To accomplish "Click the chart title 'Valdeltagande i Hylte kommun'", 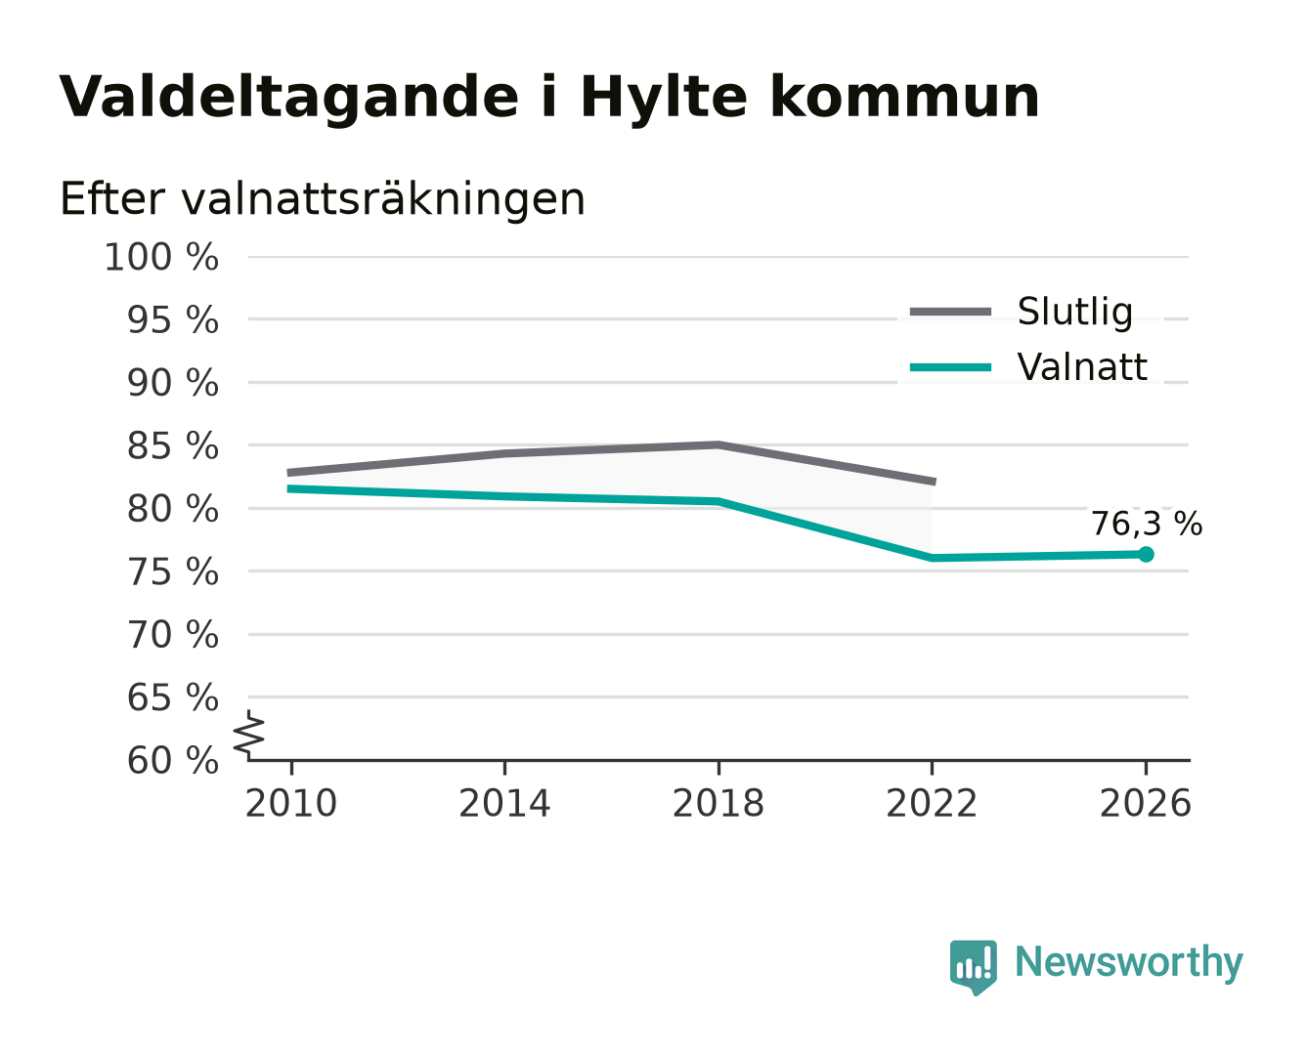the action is pos(548,98).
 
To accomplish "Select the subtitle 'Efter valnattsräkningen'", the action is pos(323,199).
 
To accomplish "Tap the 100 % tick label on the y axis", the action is pos(161,257).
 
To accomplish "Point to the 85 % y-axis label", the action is pos(172,445).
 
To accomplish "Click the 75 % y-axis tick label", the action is pos(172,572).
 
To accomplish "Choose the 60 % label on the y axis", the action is pos(172,760).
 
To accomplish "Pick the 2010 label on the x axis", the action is pos(291,803).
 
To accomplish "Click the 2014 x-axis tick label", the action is pos(504,803).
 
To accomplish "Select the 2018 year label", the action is pos(718,803).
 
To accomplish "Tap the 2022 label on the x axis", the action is pos(932,803).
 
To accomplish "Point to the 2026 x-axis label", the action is pos(1146,803).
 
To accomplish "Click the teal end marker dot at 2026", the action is pos(1146,555).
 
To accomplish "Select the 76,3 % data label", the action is pos(1147,525).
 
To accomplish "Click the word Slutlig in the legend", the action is pos(1075,313).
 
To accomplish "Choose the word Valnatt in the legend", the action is pos(1082,367).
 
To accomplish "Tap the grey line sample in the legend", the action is pos(950,312).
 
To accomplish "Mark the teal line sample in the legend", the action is pos(950,367).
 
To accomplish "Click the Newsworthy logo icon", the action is pos(973,968).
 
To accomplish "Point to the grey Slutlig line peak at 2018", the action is pos(718,444).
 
